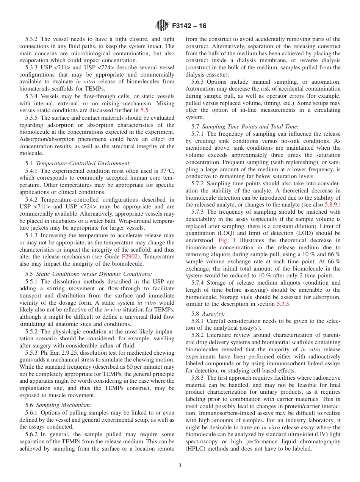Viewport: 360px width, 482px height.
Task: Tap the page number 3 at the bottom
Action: click(180, 465)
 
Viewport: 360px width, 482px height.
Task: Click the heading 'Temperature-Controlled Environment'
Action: click(83, 163)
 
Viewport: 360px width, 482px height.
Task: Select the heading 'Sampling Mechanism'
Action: click(63, 405)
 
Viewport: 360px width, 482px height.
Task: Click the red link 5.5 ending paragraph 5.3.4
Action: click(145, 110)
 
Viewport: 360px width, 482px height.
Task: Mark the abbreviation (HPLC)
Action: click(197, 449)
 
